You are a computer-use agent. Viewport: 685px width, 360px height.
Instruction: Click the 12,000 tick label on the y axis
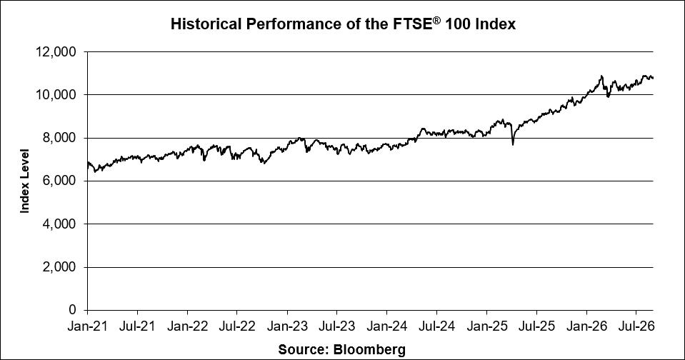tap(56, 52)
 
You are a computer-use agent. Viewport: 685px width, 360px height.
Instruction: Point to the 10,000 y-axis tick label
tap(56, 95)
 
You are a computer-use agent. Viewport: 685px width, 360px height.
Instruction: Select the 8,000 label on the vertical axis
tap(59, 138)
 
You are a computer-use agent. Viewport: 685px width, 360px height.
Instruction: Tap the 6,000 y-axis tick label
tap(59, 181)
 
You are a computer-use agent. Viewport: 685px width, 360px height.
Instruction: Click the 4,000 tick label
tap(59, 224)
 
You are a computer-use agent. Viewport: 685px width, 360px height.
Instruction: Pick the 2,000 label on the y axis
tap(59, 267)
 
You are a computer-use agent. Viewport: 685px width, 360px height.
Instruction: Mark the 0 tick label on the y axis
tap(73, 310)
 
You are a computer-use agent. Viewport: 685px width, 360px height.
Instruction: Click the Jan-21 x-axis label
tap(87, 326)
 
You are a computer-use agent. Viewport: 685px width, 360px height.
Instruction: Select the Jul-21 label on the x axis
tap(138, 326)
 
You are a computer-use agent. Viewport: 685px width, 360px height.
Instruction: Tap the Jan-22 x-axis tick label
tap(187, 326)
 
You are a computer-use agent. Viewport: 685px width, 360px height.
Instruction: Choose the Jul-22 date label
tap(236, 326)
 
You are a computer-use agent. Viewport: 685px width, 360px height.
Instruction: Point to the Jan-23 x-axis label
tap(287, 326)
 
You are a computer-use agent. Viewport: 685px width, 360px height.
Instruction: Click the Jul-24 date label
tap(436, 326)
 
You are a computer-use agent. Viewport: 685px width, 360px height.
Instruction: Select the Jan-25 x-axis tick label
tap(486, 326)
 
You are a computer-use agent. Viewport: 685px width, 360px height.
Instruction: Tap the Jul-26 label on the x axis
tap(636, 326)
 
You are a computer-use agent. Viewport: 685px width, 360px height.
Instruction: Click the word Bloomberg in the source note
tap(369, 349)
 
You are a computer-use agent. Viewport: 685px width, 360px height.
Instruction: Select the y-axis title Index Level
tap(25, 181)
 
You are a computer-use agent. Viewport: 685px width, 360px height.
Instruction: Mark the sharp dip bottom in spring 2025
tap(512, 144)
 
